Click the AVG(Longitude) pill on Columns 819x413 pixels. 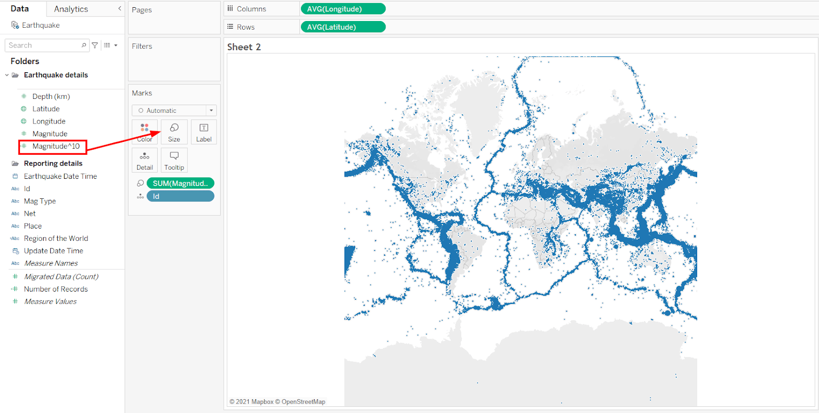pyautogui.click(x=343, y=9)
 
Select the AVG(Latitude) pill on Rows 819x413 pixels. pyautogui.click(x=343, y=27)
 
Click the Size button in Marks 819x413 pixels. pyautogui.click(x=174, y=132)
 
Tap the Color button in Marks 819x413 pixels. pyautogui.click(x=145, y=132)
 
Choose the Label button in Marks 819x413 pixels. pyautogui.click(x=204, y=132)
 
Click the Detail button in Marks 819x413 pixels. pyautogui.click(x=145, y=160)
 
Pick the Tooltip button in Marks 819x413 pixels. pyautogui.click(x=174, y=160)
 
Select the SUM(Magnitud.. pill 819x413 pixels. pyautogui.click(x=180, y=183)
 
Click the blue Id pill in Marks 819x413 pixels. pyautogui.click(x=180, y=196)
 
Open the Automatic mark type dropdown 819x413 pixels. pyautogui.click(x=175, y=111)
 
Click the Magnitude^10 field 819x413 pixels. pyautogui.click(x=56, y=147)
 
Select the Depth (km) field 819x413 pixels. pyautogui.click(x=51, y=96)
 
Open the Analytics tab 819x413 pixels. pyautogui.click(x=71, y=9)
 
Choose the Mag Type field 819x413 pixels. pyautogui.click(x=40, y=201)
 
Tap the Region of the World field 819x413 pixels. pyautogui.click(x=56, y=239)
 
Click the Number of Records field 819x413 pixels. pyautogui.click(x=56, y=289)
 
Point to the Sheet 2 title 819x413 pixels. pyautogui.click(x=244, y=47)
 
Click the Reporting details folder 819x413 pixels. pyautogui.click(x=53, y=163)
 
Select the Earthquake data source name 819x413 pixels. pyautogui.click(x=40, y=26)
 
